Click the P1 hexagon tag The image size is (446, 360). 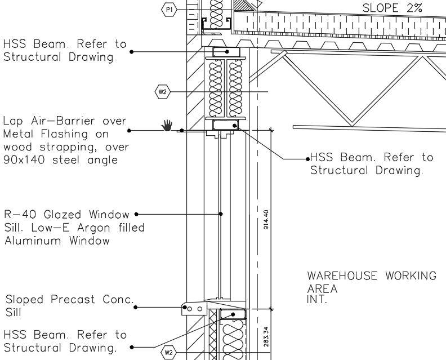[x=169, y=9]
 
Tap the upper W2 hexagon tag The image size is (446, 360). [x=162, y=91]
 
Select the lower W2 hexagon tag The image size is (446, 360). [x=168, y=353]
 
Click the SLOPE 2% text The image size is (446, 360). [x=392, y=9]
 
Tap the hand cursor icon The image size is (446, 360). [x=166, y=125]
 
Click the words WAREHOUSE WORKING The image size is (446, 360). [x=371, y=276]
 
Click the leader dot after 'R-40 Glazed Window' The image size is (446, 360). [x=137, y=214]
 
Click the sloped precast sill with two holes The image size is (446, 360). [x=195, y=309]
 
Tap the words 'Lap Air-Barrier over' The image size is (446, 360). [x=65, y=121]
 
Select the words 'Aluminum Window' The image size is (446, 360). [x=57, y=241]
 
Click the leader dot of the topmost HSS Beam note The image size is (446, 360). [x=131, y=51]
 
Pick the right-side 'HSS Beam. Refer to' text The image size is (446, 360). [x=372, y=158]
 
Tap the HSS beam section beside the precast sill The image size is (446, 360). [x=232, y=314]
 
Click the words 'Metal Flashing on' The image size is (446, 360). [x=53, y=134]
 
